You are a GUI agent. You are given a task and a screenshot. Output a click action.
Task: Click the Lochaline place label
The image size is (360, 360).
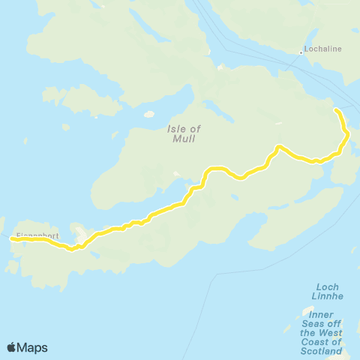322,50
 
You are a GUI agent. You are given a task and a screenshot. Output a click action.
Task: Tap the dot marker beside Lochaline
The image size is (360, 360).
301,52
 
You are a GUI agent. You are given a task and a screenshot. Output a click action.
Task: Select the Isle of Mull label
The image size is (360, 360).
180,133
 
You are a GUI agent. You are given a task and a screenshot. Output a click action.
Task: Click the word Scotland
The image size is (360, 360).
321,351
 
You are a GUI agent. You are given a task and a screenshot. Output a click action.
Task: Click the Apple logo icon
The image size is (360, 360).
12,347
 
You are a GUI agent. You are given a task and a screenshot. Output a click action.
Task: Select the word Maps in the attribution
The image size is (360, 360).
33,347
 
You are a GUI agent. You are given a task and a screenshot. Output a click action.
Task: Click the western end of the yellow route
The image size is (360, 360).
11,239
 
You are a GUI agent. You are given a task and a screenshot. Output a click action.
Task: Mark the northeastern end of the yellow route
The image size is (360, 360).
336,110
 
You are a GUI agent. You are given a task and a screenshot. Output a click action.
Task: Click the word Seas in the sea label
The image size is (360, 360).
316,323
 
